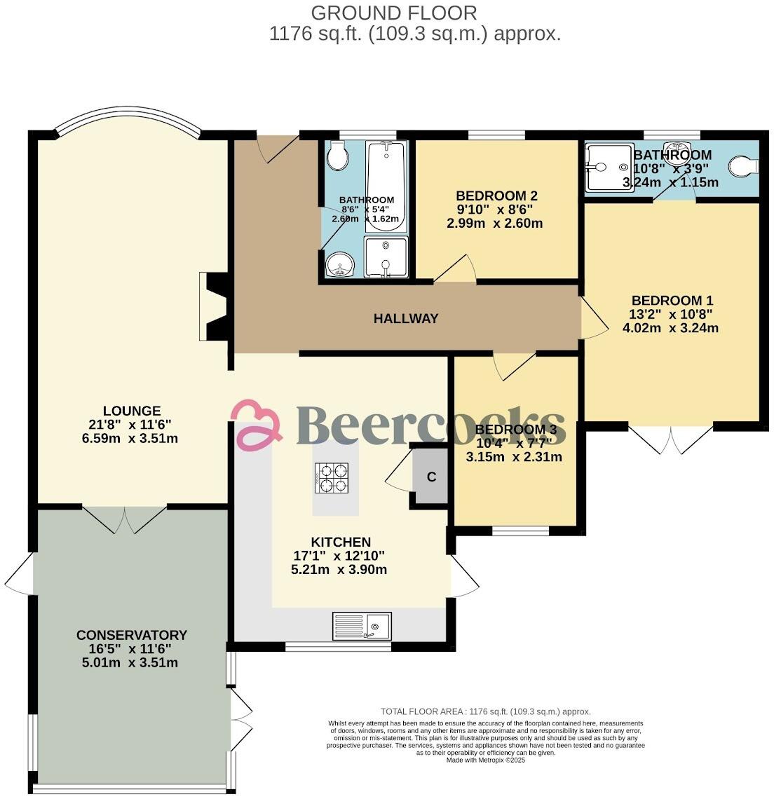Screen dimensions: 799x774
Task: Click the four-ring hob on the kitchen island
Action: [332, 477]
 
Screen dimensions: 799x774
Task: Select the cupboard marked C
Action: [431, 477]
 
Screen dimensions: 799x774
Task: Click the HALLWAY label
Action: [405, 319]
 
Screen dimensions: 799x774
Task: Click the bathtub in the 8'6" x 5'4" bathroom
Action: [385, 185]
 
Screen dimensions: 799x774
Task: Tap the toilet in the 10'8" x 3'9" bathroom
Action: [742, 166]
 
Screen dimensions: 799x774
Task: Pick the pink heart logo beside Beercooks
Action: [256, 423]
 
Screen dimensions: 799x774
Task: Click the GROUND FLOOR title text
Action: [394, 13]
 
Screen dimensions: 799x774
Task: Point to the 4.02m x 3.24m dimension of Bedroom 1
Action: [670, 327]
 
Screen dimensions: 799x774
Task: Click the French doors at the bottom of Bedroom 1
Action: [671, 439]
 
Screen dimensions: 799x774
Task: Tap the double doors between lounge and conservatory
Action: [125, 519]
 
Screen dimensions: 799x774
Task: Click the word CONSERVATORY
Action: [132, 635]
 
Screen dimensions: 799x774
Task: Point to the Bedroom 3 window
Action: [520, 531]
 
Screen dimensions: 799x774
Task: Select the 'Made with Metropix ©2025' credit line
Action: [485, 760]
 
